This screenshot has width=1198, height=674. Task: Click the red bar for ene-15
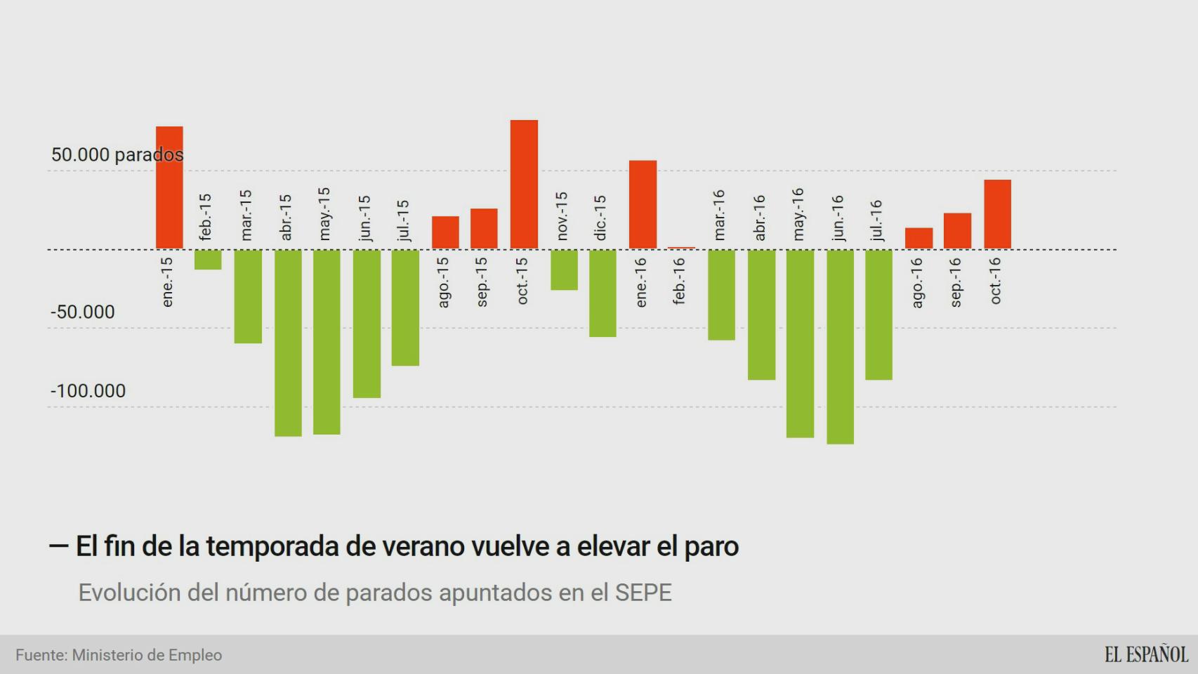169,187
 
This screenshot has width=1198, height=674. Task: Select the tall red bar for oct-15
524,184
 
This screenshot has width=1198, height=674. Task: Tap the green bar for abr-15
288,343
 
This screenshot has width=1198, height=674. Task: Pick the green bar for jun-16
840,347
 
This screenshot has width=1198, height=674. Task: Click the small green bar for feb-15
208,260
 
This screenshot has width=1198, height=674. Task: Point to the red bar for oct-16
997,214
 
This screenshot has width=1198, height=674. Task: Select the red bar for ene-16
643,204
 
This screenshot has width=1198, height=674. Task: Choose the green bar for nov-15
564,270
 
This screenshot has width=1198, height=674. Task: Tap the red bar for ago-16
919,238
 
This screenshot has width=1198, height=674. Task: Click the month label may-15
324,214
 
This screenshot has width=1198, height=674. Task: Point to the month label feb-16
679,281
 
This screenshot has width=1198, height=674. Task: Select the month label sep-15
482,282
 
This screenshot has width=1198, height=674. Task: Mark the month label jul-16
876,220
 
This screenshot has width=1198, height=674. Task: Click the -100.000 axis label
88,391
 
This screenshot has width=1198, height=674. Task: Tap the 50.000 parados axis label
117,154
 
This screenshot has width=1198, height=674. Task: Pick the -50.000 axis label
82,312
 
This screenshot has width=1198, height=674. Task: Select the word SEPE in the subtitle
643,593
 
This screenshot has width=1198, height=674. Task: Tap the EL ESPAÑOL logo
1145,654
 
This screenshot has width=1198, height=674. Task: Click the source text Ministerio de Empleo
147,655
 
